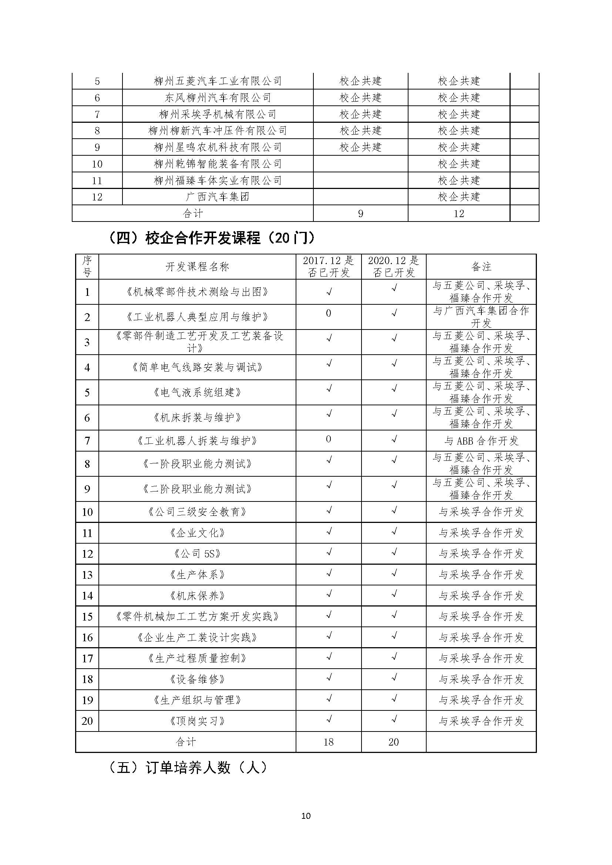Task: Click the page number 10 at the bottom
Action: point(306,816)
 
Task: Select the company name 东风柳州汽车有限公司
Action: point(218,98)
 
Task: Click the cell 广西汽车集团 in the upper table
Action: point(218,197)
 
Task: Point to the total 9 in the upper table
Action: point(361,214)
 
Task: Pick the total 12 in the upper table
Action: point(458,214)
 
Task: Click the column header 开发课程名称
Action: point(197,267)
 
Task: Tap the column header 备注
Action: point(481,267)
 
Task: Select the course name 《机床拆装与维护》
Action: point(197,418)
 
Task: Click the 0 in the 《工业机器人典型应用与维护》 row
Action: point(329,314)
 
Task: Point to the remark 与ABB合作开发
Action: point(481,441)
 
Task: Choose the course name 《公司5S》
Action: point(197,554)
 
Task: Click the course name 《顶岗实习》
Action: point(197,721)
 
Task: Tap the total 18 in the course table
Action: point(329,742)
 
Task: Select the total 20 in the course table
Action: point(393,742)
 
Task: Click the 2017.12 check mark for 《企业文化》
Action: point(329,531)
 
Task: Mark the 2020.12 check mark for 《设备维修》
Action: point(394,678)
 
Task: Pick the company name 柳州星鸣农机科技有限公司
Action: point(218,147)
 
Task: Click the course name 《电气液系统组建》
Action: point(197,393)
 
